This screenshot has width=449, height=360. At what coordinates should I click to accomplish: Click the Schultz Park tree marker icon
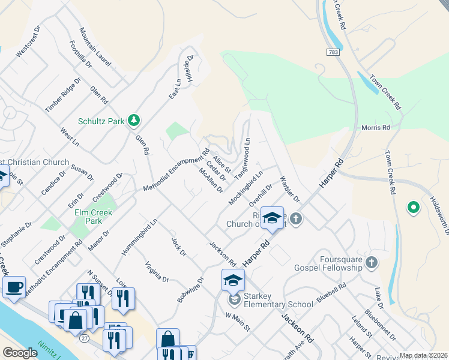pos(134,121)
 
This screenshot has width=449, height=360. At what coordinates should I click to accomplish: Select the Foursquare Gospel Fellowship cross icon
pos(372,262)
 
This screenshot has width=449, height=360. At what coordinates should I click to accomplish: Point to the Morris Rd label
pos(376,128)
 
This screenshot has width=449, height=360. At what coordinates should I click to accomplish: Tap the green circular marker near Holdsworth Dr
pos(413,208)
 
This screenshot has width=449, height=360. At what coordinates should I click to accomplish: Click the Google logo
pos(20,353)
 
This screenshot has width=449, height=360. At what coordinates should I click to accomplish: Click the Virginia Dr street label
pos(157,272)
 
